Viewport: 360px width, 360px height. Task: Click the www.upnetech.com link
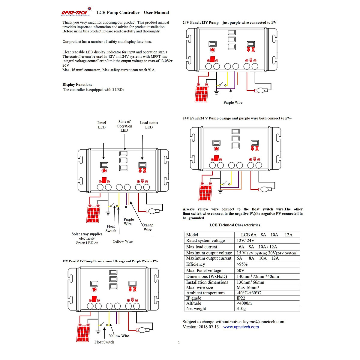pyautogui.click(x=241, y=327)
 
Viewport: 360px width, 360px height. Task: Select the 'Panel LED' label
pyautogui.click(x=102, y=125)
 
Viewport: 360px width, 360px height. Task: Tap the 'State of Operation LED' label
pyautogui.click(x=124, y=126)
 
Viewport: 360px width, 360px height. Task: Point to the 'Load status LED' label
pyautogui.click(x=149, y=125)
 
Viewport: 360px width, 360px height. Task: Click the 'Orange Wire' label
pyautogui.click(x=147, y=227)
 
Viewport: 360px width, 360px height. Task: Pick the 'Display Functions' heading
pyautogui.click(x=77, y=85)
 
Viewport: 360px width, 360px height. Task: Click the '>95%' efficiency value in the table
pyautogui.click(x=242, y=264)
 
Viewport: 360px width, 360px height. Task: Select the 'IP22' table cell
pyautogui.click(x=241, y=298)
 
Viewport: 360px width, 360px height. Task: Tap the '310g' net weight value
pyautogui.click(x=241, y=308)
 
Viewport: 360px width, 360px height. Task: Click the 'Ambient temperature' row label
pyautogui.click(x=205, y=293)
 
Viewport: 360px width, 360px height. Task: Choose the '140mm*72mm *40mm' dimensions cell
pyautogui.click(x=258, y=277)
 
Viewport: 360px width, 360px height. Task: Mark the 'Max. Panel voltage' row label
pyautogui.click(x=203, y=271)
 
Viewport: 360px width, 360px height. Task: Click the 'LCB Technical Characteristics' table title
pyautogui.click(x=235, y=225)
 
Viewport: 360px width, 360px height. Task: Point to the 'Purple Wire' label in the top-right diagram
pyautogui.click(x=233, y=103)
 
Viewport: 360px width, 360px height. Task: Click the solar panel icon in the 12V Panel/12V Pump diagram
pyautogui.click(x=83, y=334)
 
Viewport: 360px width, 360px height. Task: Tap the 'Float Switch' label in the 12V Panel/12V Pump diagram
pyautogui.click(x=104, y=342)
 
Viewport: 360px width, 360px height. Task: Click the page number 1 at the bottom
pyautogui.click(x=179, y=343)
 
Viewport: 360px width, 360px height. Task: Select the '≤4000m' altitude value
pyautogui.click(x=244, y=303)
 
